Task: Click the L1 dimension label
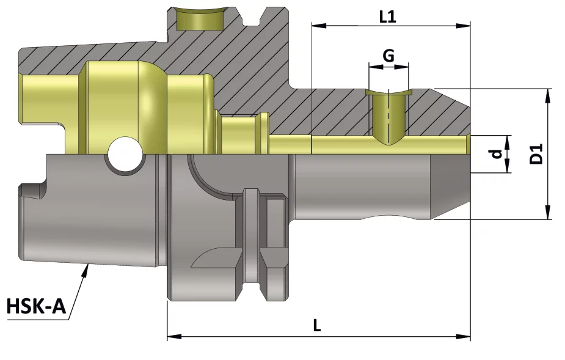388,17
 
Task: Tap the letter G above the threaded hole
388,56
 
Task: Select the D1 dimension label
536,153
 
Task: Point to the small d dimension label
497,154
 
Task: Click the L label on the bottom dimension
317,325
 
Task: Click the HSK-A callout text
37,306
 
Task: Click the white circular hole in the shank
125,154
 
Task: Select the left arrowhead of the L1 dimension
319,25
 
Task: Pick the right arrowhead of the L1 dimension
464,25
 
